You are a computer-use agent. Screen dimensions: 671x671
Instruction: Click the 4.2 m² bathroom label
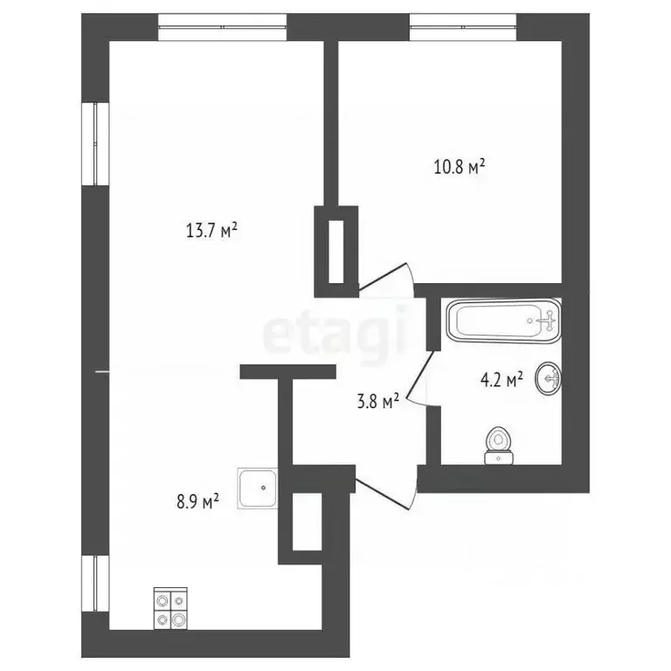coord(502,379)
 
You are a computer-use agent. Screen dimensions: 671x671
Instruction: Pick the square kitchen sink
coord(258,487)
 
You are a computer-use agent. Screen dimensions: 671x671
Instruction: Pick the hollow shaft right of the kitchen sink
coord(305,522)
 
